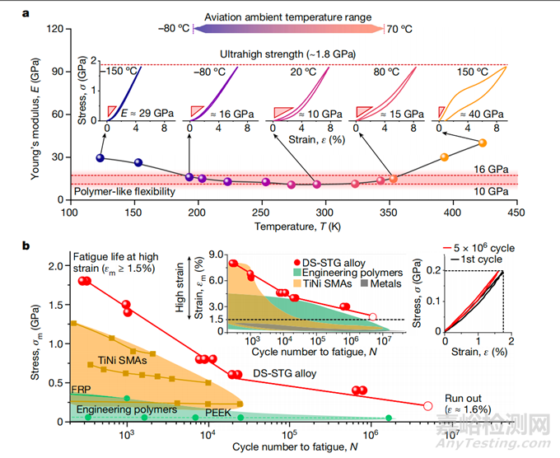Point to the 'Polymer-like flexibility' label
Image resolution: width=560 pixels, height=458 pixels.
click(126, 191)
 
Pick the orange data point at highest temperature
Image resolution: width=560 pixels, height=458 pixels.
click(483, 143)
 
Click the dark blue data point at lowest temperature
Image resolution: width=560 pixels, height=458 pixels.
click(100, 158)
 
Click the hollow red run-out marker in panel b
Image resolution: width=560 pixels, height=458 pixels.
click(428, 406)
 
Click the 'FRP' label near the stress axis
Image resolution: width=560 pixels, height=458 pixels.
click(82, 387)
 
